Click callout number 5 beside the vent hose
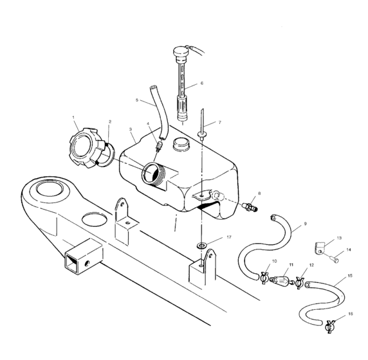(x=137, y=100)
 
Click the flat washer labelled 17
(x=202, y=246)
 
